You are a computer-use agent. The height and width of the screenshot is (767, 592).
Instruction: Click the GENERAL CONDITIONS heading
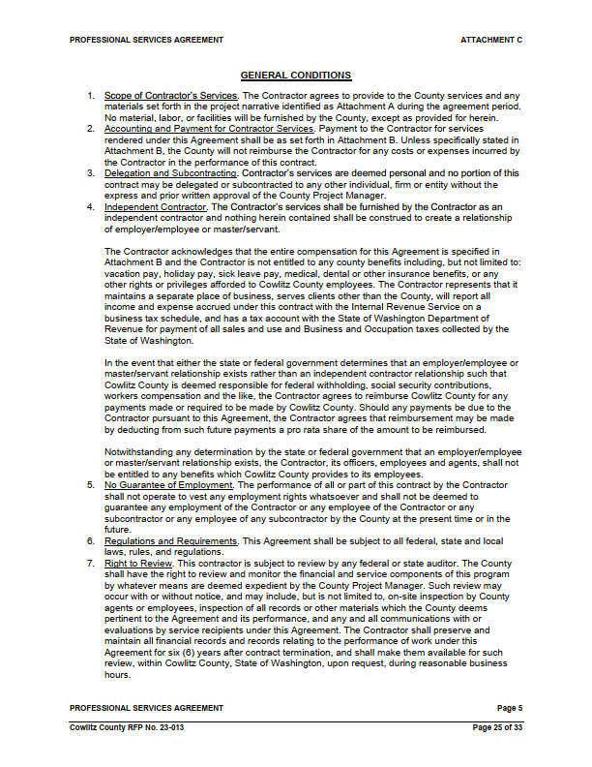click(295, 75)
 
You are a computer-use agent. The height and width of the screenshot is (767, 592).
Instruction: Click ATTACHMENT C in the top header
click(491, 41)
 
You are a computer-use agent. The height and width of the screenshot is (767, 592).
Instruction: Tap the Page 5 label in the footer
click(508, 708)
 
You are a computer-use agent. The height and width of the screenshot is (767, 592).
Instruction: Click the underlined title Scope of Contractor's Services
click(170, 97)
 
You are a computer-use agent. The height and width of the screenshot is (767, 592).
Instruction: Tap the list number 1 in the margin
click(90, 97)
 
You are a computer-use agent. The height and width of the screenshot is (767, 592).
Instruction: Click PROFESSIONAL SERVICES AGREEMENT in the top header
click(147, 41)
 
